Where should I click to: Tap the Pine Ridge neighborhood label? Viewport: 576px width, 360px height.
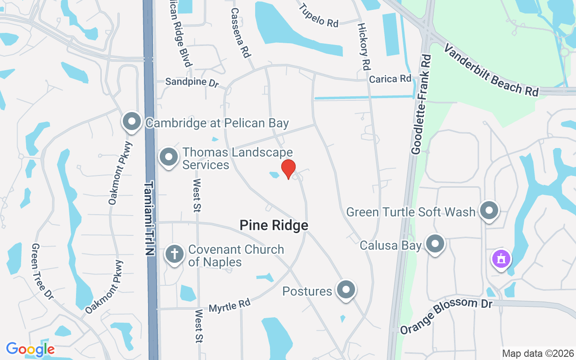[274, 225]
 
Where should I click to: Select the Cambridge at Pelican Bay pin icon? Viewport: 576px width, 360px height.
[132, 121]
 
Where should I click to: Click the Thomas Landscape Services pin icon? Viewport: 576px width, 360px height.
[169, 157]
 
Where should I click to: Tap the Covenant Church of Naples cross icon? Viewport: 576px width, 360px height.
[174, 254]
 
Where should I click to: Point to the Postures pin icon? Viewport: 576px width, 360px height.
[346, 290]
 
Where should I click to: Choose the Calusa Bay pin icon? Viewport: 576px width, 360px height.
[435, 244]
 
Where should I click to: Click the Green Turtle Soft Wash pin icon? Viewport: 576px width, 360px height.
[489, 211]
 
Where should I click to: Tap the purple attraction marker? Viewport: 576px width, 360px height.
[501, 259]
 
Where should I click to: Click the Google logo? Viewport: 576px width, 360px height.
[30, 349]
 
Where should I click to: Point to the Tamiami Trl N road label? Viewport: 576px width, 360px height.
[150, 218]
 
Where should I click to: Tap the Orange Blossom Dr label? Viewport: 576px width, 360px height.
[446, 315]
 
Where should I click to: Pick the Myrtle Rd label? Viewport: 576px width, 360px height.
[229, 306]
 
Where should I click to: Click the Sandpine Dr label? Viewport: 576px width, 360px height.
[192, 82]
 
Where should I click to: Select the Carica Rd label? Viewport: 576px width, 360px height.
[390, 79]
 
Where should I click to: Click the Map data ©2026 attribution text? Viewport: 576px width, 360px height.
[538, 353]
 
